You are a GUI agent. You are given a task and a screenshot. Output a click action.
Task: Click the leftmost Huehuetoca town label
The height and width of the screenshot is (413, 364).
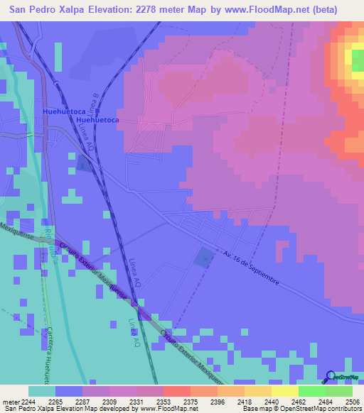(64, 111)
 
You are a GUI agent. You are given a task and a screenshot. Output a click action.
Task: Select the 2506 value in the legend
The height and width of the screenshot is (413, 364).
(353, 401)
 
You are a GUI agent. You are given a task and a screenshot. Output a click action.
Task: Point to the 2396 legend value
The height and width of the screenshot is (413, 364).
(218, 401)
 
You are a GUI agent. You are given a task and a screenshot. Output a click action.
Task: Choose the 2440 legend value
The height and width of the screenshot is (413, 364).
(272, 401)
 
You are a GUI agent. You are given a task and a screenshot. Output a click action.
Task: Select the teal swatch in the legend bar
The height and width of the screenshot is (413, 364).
(42, 391)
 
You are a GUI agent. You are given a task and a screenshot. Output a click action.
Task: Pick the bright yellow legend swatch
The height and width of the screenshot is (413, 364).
(285, 391)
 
